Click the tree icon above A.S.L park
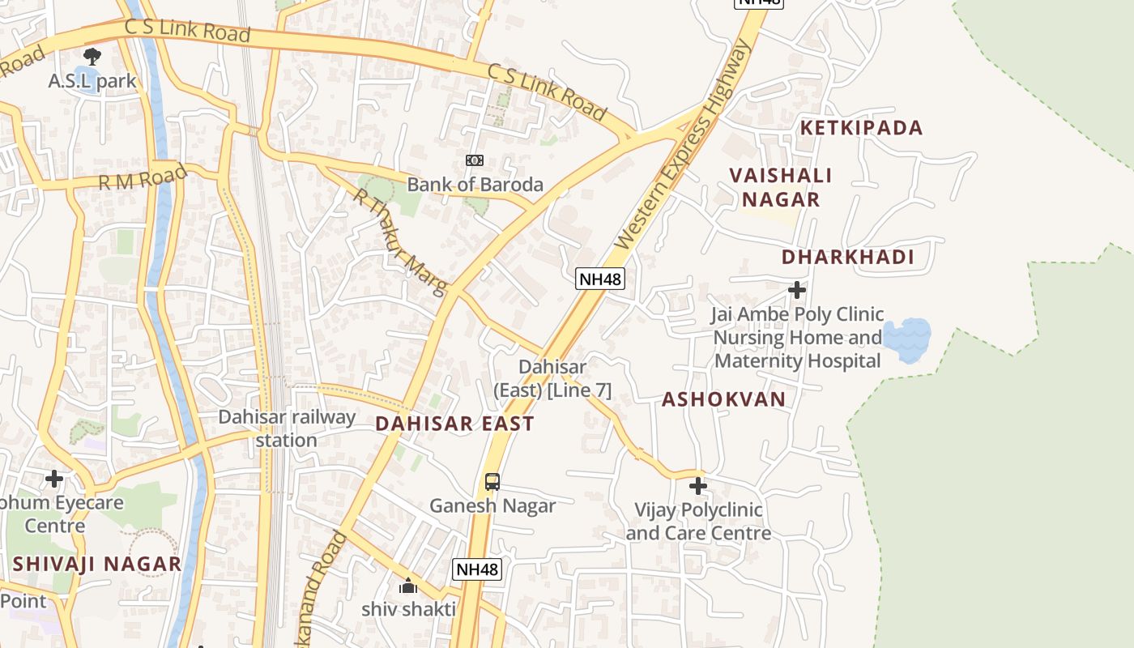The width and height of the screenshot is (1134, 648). [92, 57]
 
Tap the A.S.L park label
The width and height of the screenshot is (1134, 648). [92, 82]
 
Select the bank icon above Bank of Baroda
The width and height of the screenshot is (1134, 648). [475, 160]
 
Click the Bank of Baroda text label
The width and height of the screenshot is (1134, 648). [475, 185]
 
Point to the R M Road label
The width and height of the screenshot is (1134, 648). [143, 177]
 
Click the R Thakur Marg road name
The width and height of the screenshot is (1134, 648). [400, 241]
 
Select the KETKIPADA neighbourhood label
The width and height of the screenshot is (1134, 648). [862, 128]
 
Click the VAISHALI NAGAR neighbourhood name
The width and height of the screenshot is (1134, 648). [781, 187]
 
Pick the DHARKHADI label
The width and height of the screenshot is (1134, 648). [848, 258]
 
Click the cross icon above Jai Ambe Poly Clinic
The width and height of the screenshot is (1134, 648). [797, 289]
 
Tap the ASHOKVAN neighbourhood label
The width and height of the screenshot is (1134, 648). [724, 399]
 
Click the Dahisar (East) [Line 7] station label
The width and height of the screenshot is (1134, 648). [552, 378]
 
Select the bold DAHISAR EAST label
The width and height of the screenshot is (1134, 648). [454, 423]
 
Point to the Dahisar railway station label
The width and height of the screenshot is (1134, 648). [287, 428]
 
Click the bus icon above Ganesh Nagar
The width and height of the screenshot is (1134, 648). [492, 482]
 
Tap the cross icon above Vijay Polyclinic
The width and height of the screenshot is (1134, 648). [697, 486]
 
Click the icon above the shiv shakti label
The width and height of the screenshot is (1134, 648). [408, 586]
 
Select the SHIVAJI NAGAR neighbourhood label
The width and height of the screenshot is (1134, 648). [97, 564]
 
